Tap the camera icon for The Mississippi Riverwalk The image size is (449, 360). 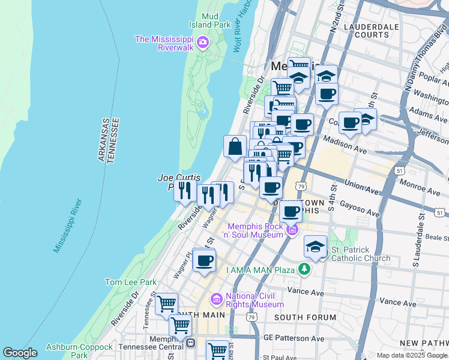[202, 41]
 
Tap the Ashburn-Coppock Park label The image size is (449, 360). [79, 351]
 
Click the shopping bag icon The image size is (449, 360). [235, 146]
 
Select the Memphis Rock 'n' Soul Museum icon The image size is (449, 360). [292, 229]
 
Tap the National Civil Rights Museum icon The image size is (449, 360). [215, 299]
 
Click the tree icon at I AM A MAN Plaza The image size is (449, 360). [305, 269]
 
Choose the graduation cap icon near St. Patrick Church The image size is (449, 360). [315, 246]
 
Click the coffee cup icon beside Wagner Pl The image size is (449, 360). [204, 260]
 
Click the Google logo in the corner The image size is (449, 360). [20, 353]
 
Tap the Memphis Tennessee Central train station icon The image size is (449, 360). [191, 343]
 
